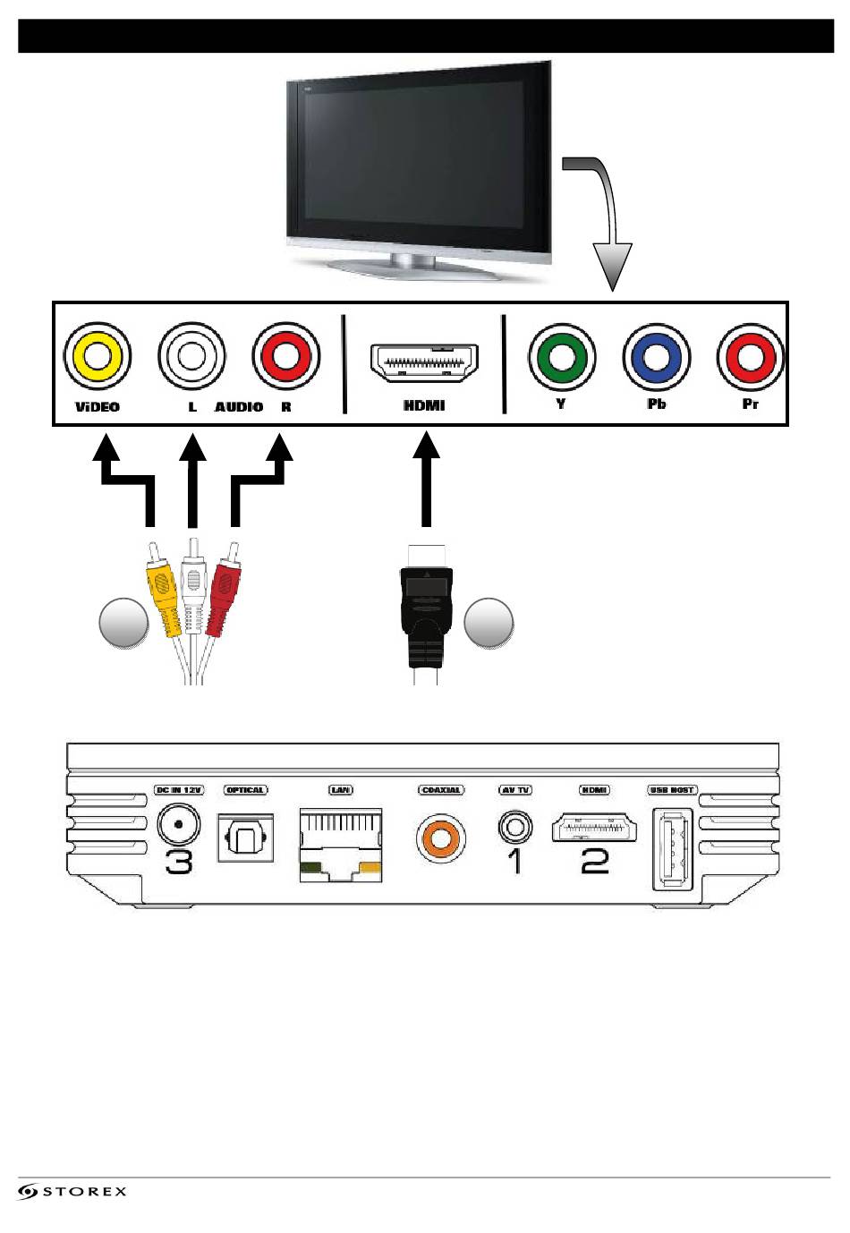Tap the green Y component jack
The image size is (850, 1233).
561,357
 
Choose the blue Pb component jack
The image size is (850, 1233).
656,357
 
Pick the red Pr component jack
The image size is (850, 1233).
750,357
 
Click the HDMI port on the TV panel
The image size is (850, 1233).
424,364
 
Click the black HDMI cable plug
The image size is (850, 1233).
426,608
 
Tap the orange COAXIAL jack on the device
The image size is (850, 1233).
440,838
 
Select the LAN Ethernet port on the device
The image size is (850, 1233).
341,843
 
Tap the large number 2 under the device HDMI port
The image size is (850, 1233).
594,861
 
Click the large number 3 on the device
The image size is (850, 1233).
179,862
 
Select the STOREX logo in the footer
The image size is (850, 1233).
72,1191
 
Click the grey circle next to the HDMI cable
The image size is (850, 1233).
489,623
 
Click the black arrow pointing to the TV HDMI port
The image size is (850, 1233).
427,479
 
